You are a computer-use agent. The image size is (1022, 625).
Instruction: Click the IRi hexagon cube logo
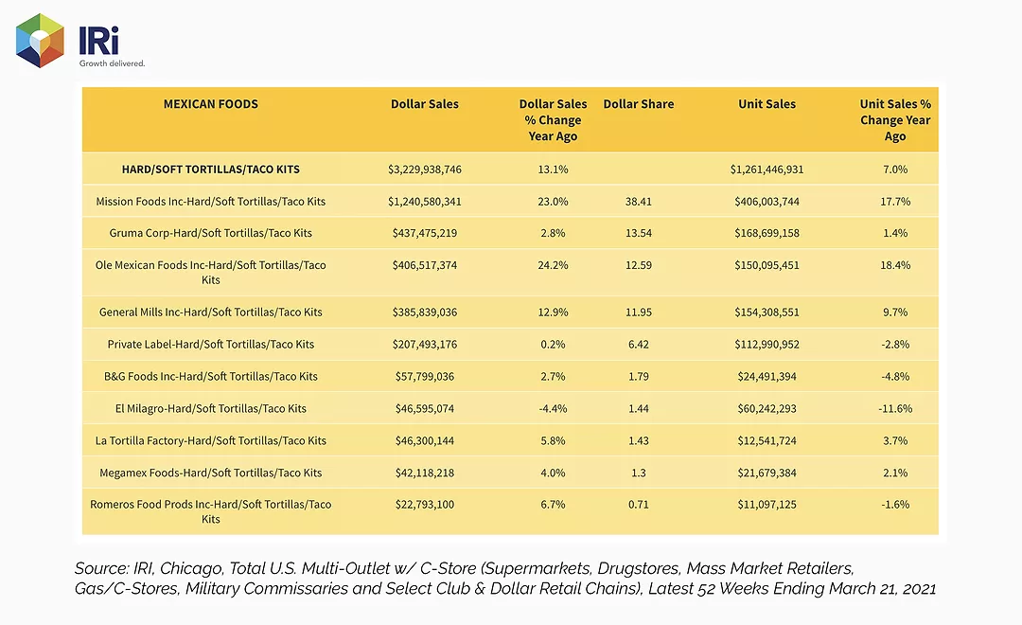[x=40, y=41]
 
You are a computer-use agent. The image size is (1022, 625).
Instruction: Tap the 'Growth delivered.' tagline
[x=112, y=63]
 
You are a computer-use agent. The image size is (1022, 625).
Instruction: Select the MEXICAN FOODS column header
[x=210, y=104]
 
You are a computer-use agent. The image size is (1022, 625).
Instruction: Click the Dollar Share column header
[x=638, y=104]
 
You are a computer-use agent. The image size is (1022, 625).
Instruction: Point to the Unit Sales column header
[x=766, y=104]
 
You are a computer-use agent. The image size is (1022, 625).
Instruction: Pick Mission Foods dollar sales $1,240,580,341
[x=424, y=202]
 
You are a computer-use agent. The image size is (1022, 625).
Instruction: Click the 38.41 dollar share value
[x=638, y=202]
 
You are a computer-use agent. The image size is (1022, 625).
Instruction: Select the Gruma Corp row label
[x=210, y=233]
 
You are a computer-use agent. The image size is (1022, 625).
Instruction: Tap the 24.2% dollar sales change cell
[x=553, y=265]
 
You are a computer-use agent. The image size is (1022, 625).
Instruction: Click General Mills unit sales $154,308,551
[x=766, y=312]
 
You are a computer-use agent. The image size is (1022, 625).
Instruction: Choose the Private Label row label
[x=210, y=344]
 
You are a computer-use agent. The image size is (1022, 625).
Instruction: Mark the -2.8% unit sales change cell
[x=895, y=344]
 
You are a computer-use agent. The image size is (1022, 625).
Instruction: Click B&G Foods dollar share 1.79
[x=638, y=377]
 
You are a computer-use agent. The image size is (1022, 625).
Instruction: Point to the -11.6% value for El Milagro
[x=895, y=408]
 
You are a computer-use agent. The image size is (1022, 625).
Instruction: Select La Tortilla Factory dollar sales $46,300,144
[x=424, y=440]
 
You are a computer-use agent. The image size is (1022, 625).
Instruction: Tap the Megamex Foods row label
[x=210, y=473]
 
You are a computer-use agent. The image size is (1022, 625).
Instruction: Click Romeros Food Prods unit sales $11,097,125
[x=766, y=505]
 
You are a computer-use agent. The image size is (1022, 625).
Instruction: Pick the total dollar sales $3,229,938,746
[x=424, y=169]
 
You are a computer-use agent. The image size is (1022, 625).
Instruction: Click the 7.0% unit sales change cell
[x=895, y=169]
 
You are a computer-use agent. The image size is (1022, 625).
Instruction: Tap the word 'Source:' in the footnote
[x=101, y=568]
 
